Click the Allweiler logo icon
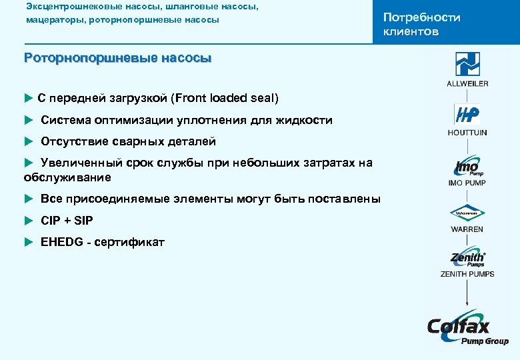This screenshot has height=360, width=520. [x=467, y=64]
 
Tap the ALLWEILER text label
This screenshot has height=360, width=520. [x=467, y=83]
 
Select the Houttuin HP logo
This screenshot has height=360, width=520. [x=467, y=115]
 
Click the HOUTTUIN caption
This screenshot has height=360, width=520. [x=467, y=133]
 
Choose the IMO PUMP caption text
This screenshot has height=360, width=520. [x=467, y=183]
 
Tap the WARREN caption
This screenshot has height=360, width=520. [x=467, y=229]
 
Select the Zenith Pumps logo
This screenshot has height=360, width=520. [x=467, y=259]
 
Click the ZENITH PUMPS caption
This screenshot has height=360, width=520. [x=467, y=274]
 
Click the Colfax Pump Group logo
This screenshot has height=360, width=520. [x=467, y=329]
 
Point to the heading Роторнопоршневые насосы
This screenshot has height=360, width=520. [x=117, y=58]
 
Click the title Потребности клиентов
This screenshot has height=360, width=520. [x=421, y=25]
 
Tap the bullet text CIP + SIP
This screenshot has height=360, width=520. [x=67, y=221]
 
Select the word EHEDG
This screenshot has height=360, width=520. [x=60, y=242]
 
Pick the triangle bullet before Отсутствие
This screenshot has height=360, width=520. [x=28, y=141]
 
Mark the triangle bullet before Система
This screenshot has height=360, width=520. [x=28, y=120]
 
